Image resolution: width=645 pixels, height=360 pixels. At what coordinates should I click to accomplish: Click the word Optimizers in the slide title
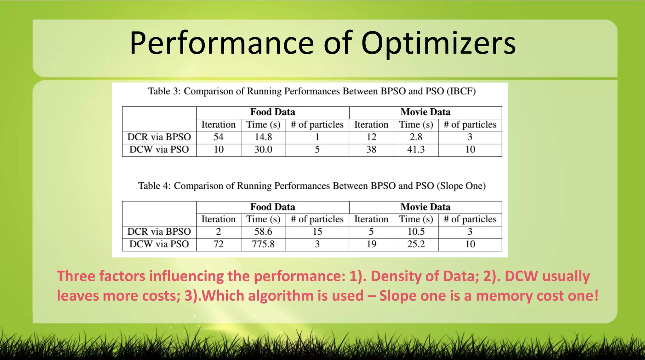(438, 43)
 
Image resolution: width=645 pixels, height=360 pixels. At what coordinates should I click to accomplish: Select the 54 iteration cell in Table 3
(218, 137)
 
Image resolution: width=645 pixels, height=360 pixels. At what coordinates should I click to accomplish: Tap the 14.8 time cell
(263, 137)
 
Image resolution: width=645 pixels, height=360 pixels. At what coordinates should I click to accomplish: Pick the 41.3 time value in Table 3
(416, 149)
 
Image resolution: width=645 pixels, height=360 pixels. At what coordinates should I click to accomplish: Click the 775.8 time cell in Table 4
(263, 244)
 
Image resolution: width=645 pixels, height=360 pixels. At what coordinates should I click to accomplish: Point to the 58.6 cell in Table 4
(263, 232)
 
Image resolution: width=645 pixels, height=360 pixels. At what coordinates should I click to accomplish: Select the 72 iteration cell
(218, 244)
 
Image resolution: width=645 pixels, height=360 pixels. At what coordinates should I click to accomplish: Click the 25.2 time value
(416, 244)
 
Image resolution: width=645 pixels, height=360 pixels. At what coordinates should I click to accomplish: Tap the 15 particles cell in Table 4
(317, 232)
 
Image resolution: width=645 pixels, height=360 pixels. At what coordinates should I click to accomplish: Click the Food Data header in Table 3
(272, 112)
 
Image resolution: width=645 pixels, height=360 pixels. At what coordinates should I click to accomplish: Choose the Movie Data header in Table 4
(425, 207)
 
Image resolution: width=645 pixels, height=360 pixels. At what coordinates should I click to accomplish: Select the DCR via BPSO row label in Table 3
(159, 137)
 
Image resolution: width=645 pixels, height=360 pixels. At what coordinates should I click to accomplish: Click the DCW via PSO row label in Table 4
(159, 244)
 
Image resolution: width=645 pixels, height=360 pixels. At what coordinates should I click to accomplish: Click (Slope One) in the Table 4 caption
(461, 186)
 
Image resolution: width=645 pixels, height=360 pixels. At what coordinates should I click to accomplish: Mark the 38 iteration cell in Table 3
(371, 149)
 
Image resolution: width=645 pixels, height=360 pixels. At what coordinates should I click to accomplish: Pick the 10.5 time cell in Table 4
(416, 232)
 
